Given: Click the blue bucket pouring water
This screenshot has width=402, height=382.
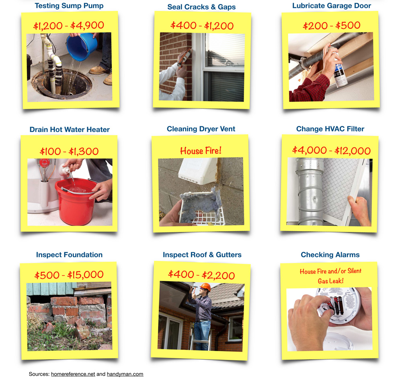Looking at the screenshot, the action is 82,47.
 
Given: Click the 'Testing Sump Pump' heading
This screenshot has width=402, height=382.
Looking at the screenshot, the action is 69,6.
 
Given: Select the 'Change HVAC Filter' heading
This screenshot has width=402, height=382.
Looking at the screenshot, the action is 330,129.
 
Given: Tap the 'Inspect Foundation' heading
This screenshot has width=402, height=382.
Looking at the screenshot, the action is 69,254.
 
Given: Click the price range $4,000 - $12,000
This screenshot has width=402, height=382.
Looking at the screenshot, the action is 331,150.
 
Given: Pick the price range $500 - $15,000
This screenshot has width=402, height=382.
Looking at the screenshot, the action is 69,275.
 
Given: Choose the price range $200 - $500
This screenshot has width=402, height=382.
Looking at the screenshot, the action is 332,25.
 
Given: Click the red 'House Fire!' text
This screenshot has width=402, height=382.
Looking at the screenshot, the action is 201,150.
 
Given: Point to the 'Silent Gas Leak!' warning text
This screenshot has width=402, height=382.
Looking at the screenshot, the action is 330,276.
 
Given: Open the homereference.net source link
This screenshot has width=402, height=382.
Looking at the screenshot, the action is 73,374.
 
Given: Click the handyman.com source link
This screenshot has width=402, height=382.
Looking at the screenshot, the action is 125,374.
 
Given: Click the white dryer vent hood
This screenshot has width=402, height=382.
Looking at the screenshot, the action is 198,171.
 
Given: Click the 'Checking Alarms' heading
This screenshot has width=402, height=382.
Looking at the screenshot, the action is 330,254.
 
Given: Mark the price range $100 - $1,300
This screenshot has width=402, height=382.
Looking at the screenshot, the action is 69,151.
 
